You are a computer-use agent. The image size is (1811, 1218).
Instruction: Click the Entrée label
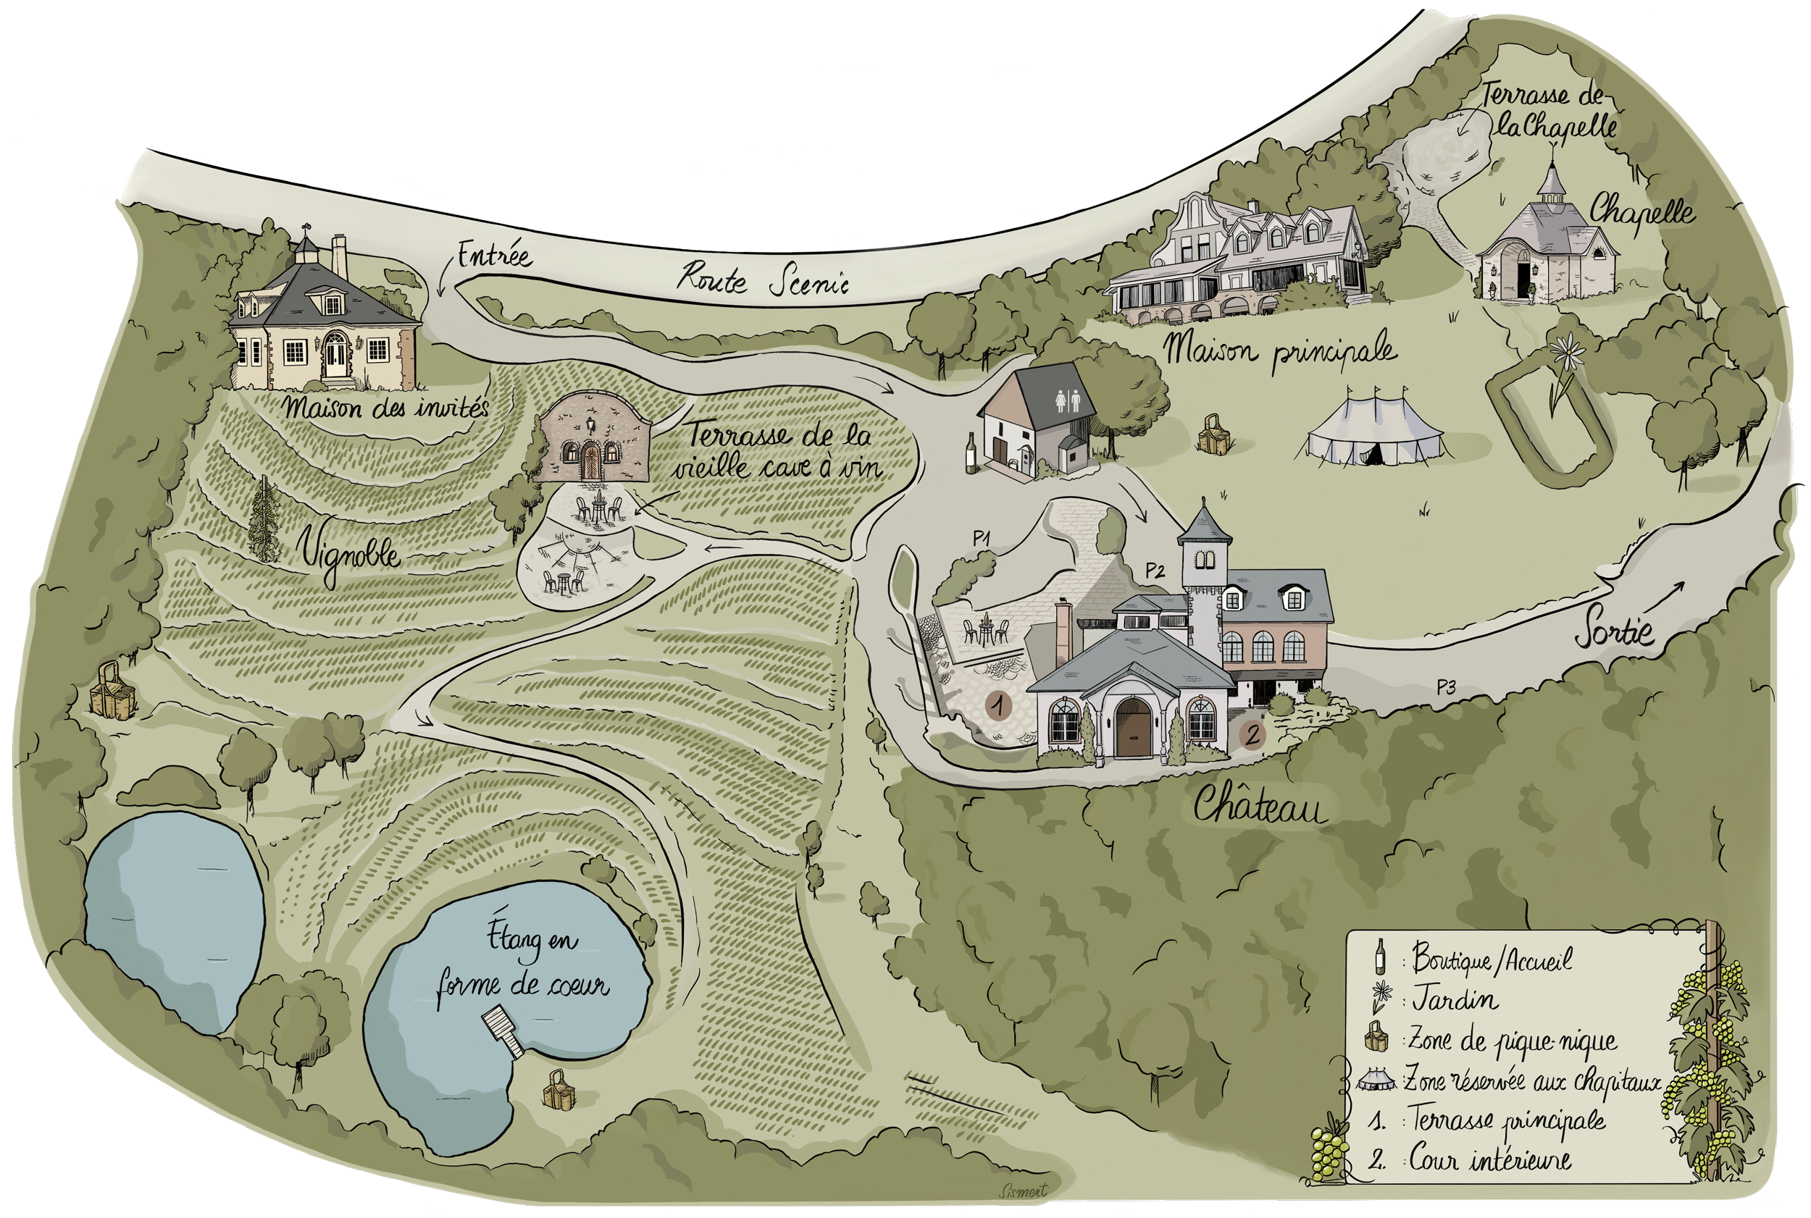click(x=494, y=255)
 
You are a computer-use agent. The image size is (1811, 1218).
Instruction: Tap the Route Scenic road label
click(x=762, y=280)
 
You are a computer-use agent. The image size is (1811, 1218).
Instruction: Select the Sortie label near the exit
click(x=1615, y=631)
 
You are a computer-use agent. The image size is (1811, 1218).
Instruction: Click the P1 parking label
click(x=982, y=537)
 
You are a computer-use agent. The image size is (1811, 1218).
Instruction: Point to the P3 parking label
click(x=1446, y=686)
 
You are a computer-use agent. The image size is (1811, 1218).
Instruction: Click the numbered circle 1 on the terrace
click(x=998, y=705)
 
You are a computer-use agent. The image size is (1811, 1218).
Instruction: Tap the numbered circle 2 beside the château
click(x=1252, y=734)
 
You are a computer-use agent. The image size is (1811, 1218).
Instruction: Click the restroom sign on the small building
click(x=1068, y=401)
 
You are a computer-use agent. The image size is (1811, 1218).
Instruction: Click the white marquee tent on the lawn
click(x=1373, y=431)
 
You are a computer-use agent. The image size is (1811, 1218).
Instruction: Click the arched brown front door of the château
click(x=1134, y=728)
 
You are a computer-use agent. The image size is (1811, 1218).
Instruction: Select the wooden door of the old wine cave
click(x=590, y=461)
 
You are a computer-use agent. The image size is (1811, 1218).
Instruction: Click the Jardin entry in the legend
click(x=1454, y=999)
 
